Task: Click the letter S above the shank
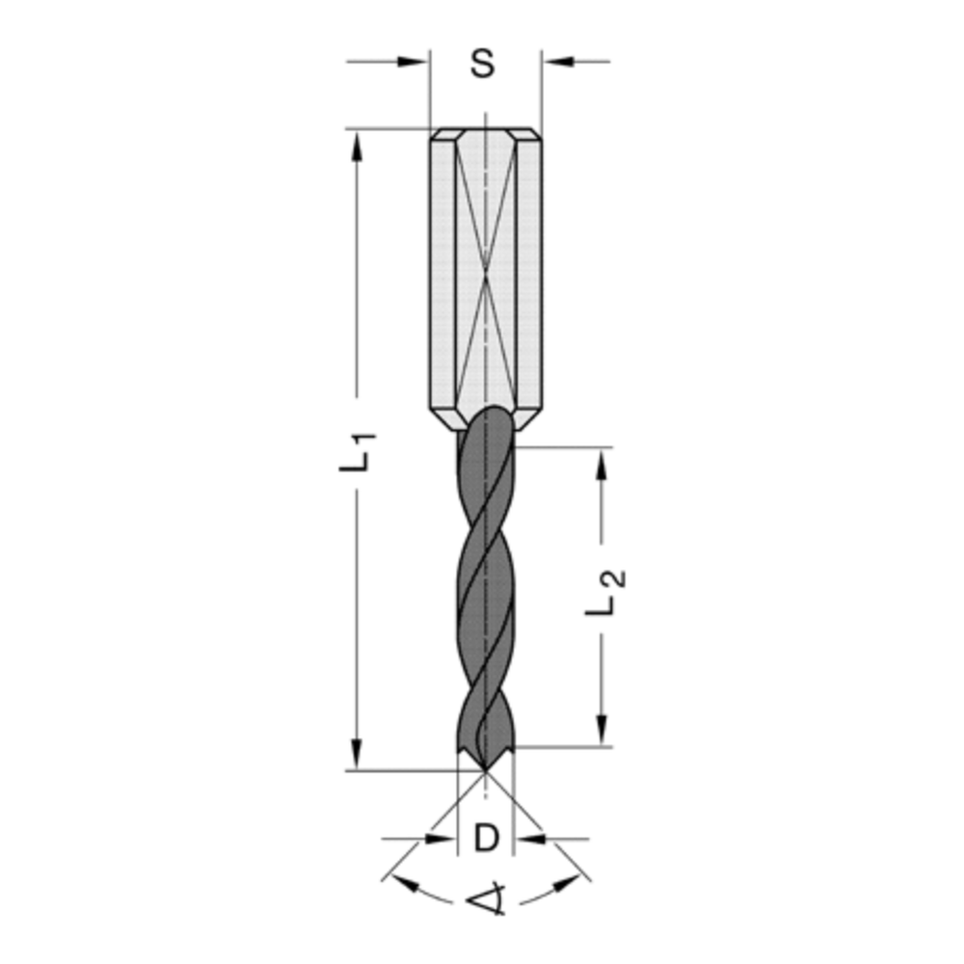click(x=483, y=65)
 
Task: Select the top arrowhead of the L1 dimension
click(x=358, y=145)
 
